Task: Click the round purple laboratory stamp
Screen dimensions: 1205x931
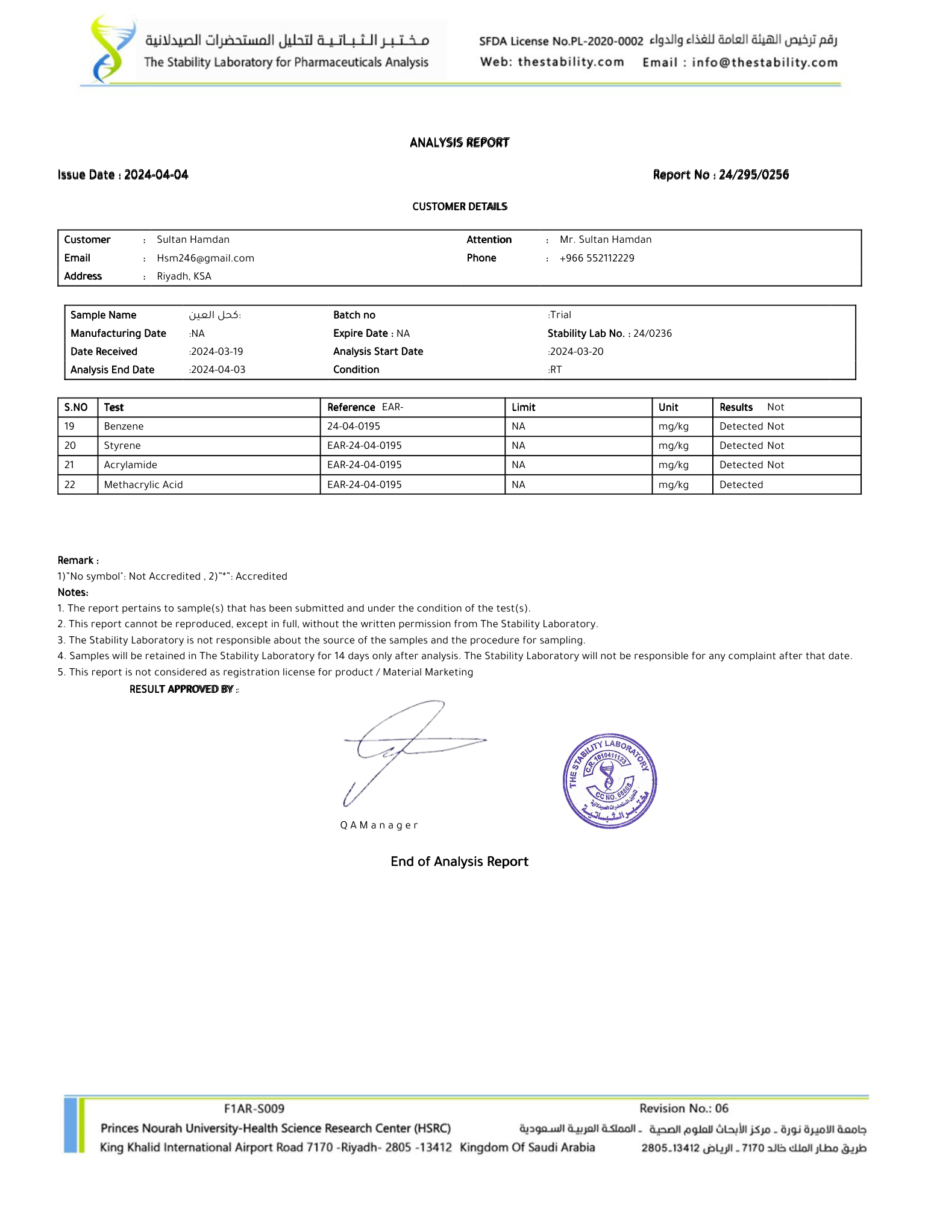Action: coord(609,781)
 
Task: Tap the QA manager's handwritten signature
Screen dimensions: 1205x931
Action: coord(404,748)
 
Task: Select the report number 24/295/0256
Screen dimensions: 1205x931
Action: coord(753,175)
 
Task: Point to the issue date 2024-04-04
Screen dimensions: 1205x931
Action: coord(156,175)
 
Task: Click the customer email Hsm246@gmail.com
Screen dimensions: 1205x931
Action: coord(205,258)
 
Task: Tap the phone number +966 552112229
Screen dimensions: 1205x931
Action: coord(597,258)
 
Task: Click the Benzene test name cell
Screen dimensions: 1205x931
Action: coord(124,426)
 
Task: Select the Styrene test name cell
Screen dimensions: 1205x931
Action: coord(122,445)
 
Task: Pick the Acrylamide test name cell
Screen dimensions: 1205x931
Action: coord(130,465)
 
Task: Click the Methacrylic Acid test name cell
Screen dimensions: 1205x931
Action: coord(143,484)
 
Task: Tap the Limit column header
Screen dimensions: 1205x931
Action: coord(523,407)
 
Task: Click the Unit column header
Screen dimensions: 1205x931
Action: coord(668,407)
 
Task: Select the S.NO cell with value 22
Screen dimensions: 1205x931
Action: coord(70,484)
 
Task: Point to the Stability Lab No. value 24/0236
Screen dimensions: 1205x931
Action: coord(652,333)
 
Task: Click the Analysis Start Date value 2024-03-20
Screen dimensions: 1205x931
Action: coord(577,351)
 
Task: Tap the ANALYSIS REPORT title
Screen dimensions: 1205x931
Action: coord(459,142)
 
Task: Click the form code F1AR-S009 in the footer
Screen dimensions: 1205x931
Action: coord(254,1108)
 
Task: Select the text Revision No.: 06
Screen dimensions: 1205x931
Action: coord(683,1108)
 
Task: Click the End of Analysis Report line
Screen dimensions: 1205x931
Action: coord(459,861)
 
